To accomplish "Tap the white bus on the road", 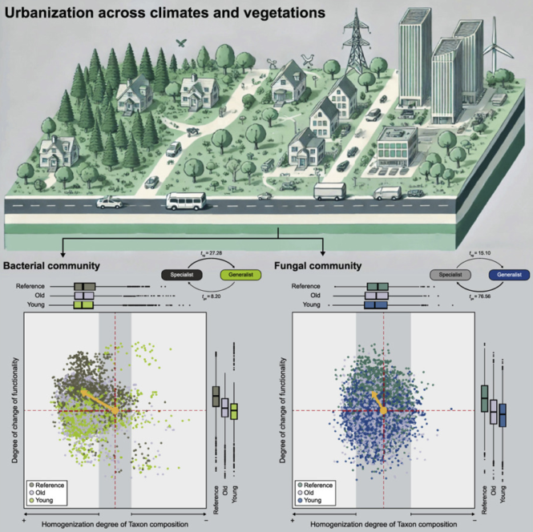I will click(180, 200).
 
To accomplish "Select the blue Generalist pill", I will click(505, 275).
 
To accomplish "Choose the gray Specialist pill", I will click(450, 275).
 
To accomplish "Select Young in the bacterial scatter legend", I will click(48, 500).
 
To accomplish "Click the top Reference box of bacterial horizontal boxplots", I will click(84, 286).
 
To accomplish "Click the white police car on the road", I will click(109, 203).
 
